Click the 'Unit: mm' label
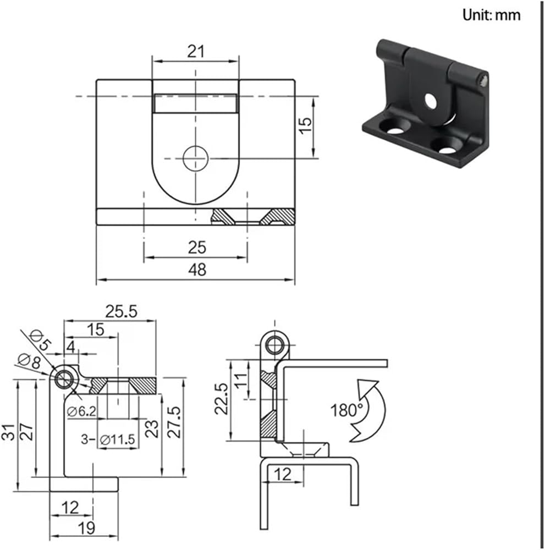491,15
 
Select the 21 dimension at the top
195,52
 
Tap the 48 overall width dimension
197,269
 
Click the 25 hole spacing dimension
197,248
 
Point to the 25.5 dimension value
121,311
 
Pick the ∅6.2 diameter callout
82,411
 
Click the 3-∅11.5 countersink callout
108,439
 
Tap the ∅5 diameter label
40,340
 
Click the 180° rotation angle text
346,410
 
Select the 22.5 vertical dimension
222,399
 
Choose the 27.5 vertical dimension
174,422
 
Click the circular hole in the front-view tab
196,158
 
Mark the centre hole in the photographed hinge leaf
431,101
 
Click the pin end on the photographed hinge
485,80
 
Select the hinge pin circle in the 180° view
274,345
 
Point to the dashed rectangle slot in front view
195,103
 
